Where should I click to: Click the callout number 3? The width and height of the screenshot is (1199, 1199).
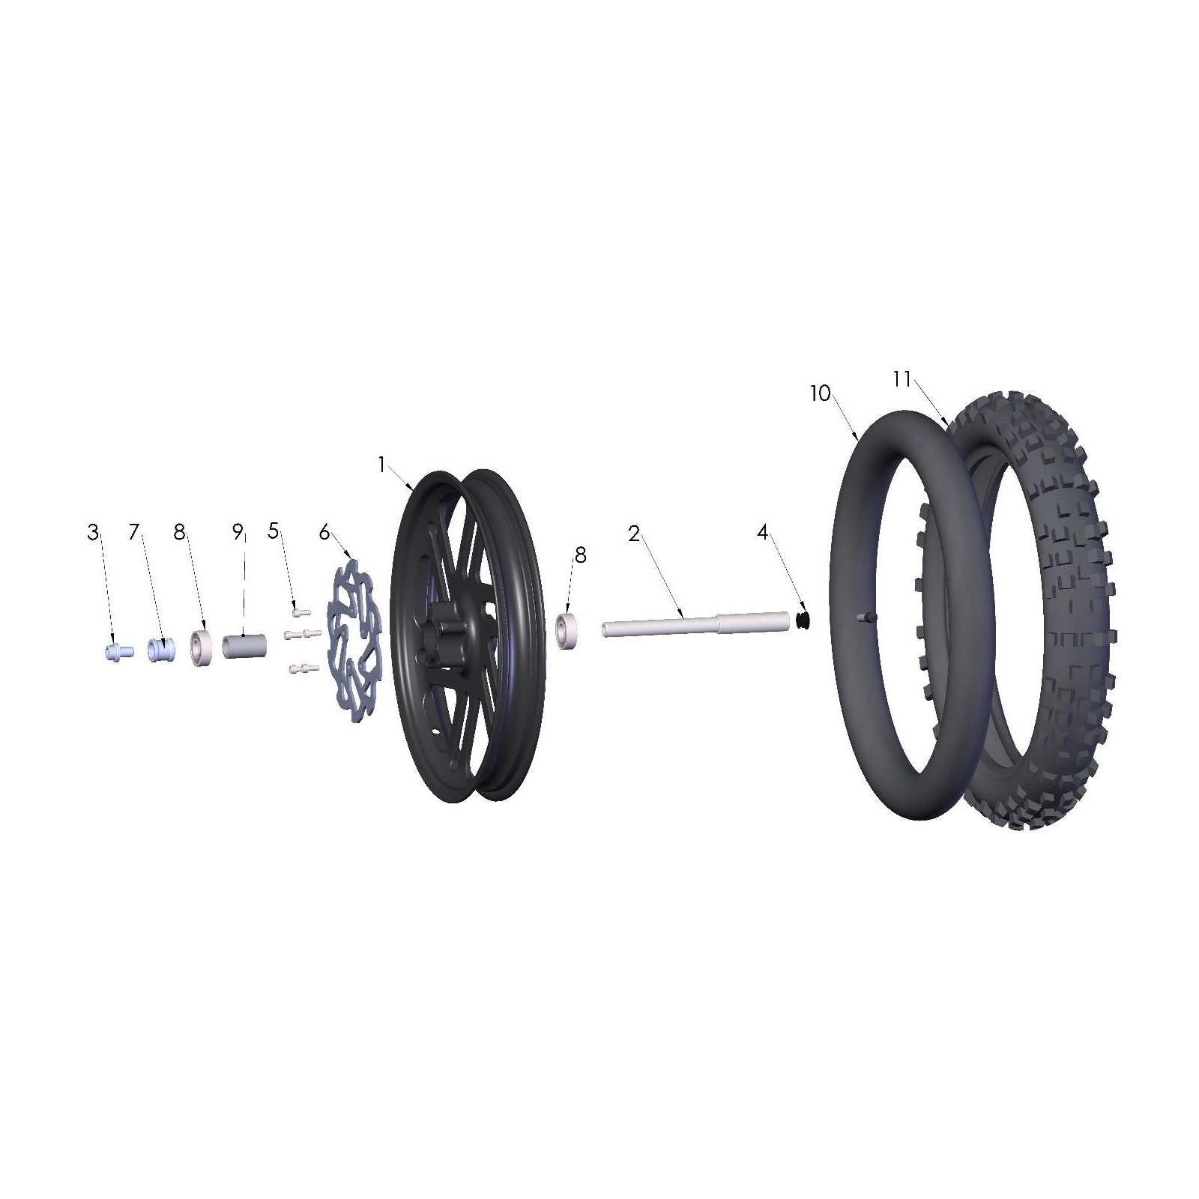[92, 533]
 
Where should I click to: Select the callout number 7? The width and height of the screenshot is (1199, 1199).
[134, 533]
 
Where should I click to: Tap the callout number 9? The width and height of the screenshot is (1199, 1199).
[238, 533]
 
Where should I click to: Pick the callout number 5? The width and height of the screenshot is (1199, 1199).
[273, 531]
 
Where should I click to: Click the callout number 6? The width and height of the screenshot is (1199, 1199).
[324, 533]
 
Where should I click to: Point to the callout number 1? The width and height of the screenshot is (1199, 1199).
[381, 465]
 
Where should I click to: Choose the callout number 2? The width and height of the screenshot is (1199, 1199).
[634, 534]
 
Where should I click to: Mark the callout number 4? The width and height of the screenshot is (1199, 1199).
[762, 533]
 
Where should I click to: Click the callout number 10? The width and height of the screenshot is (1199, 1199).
[820, 393]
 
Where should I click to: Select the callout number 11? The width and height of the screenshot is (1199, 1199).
[901, 380]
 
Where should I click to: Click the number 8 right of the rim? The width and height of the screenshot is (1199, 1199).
[580, 555]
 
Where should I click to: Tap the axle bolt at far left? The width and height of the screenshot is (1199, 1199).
[118, 652]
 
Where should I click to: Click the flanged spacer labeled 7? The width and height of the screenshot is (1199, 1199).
[158, 648]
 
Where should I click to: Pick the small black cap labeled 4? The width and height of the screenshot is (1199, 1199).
[803, 620]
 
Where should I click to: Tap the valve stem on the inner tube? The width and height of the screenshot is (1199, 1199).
[864, 617]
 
